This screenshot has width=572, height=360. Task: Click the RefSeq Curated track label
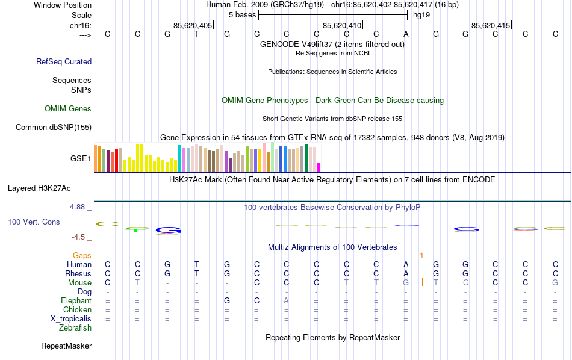coord(64,61)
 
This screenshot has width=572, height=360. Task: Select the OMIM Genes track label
coord(68,109)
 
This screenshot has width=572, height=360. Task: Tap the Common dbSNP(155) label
coord(54,127)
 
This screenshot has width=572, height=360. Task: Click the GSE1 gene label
coord(81,159)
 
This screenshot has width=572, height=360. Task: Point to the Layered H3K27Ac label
coord(49,188)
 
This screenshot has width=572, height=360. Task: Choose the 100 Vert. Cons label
coord(34,222)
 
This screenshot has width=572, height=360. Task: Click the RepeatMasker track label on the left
coord(66,346)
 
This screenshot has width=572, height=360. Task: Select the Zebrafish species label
coord(75,328)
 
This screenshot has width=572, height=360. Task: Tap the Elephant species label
coord(76,301)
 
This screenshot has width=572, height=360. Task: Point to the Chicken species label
coord(77,310)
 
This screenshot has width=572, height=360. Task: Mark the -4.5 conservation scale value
coord(81,237)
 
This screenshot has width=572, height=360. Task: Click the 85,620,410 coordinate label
coord(342,25)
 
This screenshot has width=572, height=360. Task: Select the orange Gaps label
coord(82,256)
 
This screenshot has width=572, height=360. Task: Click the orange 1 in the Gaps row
coord(422,256)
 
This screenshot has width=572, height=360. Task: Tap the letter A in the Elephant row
coord(287,301)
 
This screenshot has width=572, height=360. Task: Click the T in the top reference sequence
coord(197,34)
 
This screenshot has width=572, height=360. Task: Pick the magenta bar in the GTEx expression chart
coord(319,167)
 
